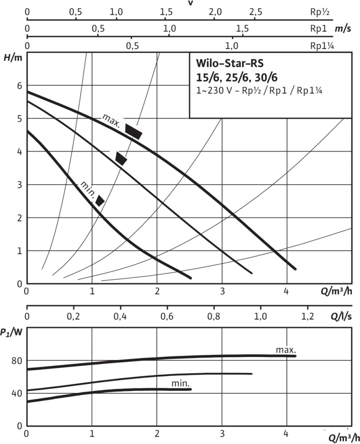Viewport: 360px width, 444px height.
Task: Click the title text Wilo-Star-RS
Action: (x=230, y=63)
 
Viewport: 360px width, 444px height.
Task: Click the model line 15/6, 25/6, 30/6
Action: (x=237, y=77)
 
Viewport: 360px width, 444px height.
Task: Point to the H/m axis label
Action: (x=13, y=58)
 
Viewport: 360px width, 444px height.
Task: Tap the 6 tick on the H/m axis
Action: (x=20, y=86)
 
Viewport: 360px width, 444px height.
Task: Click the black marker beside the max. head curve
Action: (x=133, y=131)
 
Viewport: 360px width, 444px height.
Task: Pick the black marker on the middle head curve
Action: (x=121, y=158)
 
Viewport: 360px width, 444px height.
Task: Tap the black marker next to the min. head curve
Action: (x=100, y=200)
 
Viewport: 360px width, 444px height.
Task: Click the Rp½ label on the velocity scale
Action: (x=320, y=12)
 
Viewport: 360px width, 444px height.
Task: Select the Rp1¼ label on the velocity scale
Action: (x=322, y=46)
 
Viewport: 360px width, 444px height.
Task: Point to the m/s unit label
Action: (x=343, y=29)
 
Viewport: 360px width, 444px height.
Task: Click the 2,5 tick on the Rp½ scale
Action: (x=256, y=12)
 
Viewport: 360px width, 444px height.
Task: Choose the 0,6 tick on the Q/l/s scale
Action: (x=167, y=316)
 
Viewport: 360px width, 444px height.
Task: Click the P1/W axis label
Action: (x=11, y=333)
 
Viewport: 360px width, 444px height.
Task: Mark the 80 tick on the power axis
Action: (x=17, y=361)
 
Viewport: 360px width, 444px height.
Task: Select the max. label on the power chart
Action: (x=286, y=350)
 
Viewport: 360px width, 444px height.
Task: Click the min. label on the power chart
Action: (x=181, y=384)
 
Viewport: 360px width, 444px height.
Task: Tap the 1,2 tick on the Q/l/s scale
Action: (x=307, y=316)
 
